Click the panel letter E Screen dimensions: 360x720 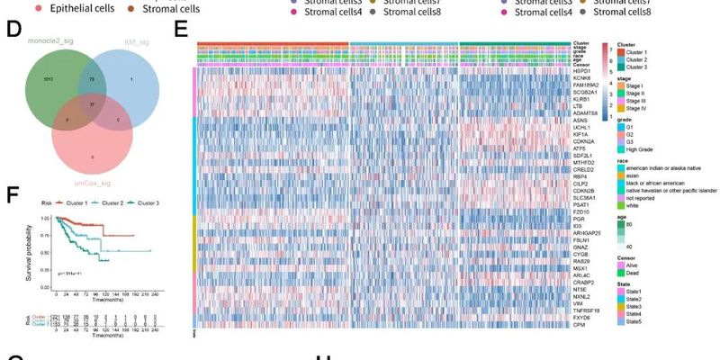(x=181, y=30)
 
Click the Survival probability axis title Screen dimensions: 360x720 (x=29, y=246)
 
